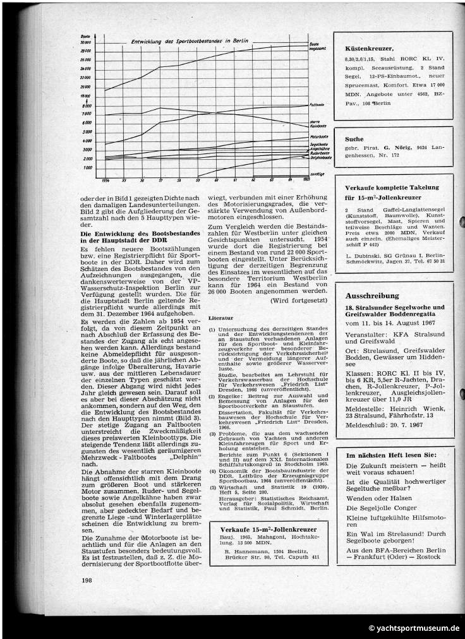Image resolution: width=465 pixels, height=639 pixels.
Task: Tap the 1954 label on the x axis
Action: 104,180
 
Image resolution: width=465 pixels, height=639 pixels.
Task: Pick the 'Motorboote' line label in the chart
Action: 318,136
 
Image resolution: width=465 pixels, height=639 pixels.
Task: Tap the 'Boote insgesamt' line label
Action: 318,46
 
